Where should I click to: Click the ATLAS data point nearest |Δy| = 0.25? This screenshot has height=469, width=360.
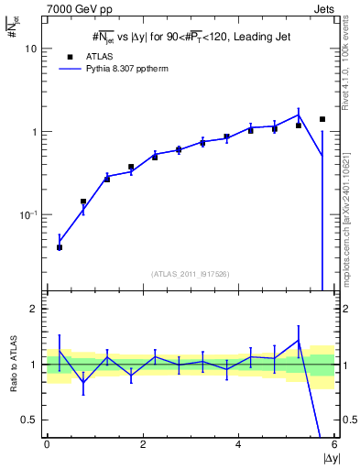click(x=60, y=247)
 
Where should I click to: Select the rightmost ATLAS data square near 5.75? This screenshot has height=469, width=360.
click(x=322, y=119)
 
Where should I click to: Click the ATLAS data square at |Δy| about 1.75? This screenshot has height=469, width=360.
click(x=131, y=168)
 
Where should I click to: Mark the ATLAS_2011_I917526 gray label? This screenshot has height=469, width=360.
click(x=191, y=274)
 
